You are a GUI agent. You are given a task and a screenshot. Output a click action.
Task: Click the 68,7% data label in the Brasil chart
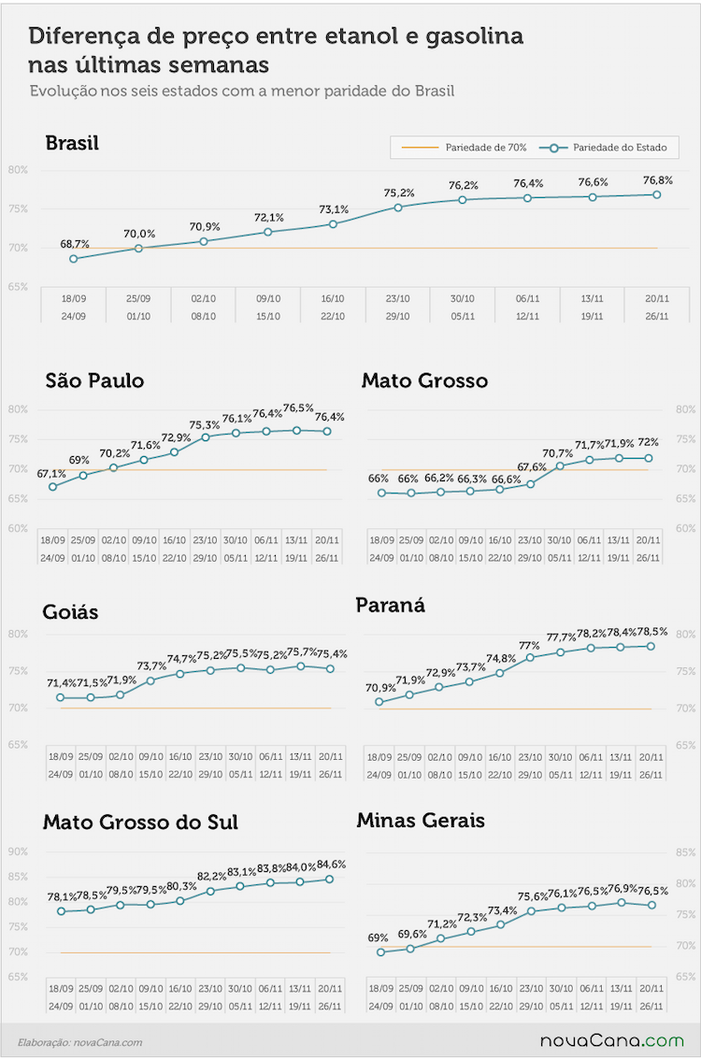[75, 244]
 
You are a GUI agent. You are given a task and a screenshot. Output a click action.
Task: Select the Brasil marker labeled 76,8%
[656, 194]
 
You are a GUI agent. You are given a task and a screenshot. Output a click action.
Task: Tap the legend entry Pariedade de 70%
[464, 148]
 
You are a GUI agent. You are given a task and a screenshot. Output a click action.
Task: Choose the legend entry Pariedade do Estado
[603, 148]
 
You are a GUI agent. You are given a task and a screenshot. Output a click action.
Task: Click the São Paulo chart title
[94, 381]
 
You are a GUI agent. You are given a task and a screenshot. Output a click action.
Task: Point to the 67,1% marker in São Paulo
[52, 486]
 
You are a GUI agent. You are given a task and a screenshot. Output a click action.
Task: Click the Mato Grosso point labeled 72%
[649, 458]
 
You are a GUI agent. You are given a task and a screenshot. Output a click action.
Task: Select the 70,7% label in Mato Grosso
[558, 453]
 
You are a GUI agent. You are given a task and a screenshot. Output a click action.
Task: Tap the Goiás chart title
[70, 612]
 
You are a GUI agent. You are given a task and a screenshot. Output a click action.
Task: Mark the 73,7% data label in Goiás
[152, 665]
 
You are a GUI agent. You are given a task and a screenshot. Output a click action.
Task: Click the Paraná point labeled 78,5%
[651, 647]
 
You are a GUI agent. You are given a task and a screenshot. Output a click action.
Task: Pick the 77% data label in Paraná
[529, 646]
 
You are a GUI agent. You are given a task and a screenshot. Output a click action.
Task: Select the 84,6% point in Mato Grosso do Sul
[330, 880]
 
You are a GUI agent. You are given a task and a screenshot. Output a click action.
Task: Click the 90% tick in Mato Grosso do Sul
[19, 851]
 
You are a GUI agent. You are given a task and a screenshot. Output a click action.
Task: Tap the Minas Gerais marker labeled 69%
[381, 952]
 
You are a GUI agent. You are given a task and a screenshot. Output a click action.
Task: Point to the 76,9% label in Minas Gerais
[622, 888]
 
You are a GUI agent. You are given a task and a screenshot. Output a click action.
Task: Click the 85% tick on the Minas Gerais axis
[685, 852]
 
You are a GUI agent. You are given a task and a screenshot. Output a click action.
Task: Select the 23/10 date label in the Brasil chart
[398, 298]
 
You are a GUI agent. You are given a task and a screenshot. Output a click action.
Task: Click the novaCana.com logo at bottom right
[612, 1040]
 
